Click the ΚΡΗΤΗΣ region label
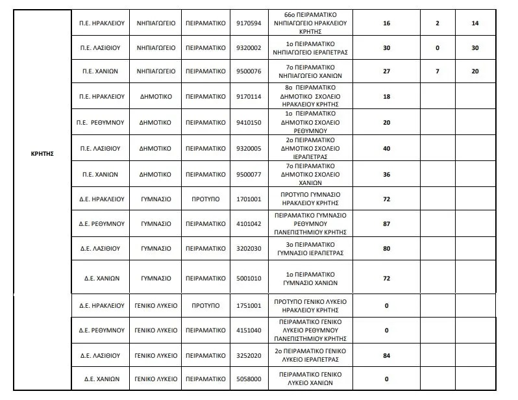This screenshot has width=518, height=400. pyautogui.click(x=42, y=155)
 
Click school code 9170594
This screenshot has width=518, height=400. pyautogui.click(x=249, y=23)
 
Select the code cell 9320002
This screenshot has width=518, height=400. pyautogui.click(x=249, y=47)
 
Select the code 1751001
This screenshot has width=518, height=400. pyautogui.click(x=249, y=305)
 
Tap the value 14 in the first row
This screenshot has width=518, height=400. pyautogui.click(x=475, y=23)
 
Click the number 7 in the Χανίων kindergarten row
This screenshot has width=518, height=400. pyautogui.click(x=437, y=71)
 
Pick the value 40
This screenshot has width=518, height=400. pyautogui.click(x=386, y=148)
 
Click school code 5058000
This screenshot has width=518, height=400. pyautogui.click(x=249, y=379)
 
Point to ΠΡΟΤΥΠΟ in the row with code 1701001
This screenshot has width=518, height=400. pyautogui.click(x=206, y=198)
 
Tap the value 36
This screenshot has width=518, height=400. pyautogui.click(x=386, y=174)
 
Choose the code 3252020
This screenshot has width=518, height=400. pyautogui.click(x=249, y=355)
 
